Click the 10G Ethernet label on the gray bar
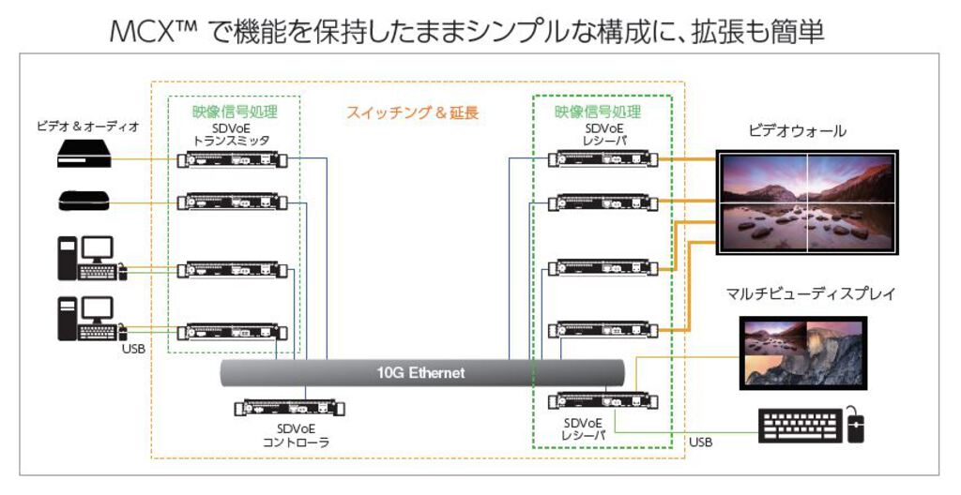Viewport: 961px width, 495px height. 422,372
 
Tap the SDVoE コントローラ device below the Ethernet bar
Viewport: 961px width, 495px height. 289,409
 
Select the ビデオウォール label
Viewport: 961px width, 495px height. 797,132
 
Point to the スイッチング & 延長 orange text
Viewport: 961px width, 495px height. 413,112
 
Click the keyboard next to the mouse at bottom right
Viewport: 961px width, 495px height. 798,426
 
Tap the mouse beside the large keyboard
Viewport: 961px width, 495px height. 854,426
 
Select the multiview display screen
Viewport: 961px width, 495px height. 802,350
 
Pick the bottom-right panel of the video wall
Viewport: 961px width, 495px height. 849,227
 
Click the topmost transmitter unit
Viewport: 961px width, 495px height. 232,160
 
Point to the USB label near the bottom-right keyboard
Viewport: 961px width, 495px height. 700,441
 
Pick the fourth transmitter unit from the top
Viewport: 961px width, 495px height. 232,331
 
